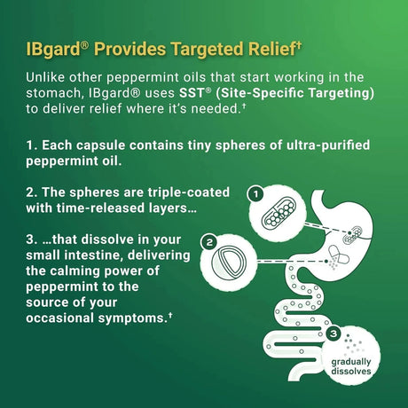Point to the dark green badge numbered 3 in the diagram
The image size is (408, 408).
[x=333, y=333]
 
